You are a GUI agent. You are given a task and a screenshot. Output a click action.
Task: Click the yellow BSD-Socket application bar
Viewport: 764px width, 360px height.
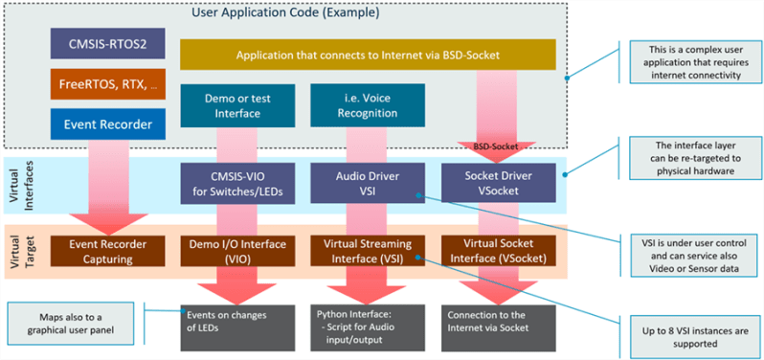[x=367, y=54]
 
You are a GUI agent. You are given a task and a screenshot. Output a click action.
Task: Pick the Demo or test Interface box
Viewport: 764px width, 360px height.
[x=236, y=105]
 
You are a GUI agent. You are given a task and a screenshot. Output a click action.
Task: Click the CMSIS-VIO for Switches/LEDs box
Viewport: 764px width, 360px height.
[x=236, y=182]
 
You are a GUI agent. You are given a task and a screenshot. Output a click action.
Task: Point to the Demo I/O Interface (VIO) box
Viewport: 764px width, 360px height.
[x=236, y=250]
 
